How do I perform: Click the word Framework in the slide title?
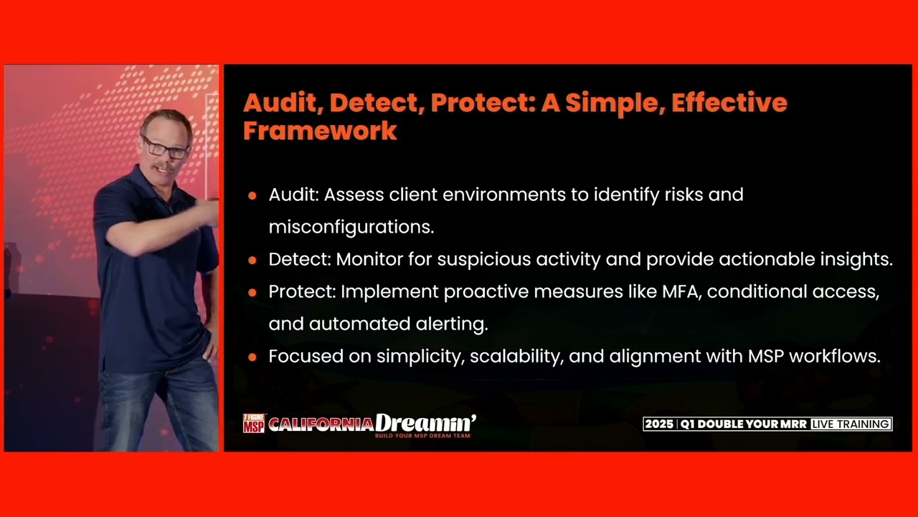point(320,131)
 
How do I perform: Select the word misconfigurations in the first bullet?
point(351,227)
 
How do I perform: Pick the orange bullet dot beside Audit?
point(252,195)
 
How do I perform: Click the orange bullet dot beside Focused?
point(252,357)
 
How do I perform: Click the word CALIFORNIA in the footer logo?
point(321,424)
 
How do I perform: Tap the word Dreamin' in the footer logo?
point(425,423)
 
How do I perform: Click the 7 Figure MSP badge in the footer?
point(254,423)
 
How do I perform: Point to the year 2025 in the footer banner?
point(658,424)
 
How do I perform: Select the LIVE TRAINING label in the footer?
point(851,424)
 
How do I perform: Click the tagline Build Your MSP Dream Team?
point(422,436)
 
